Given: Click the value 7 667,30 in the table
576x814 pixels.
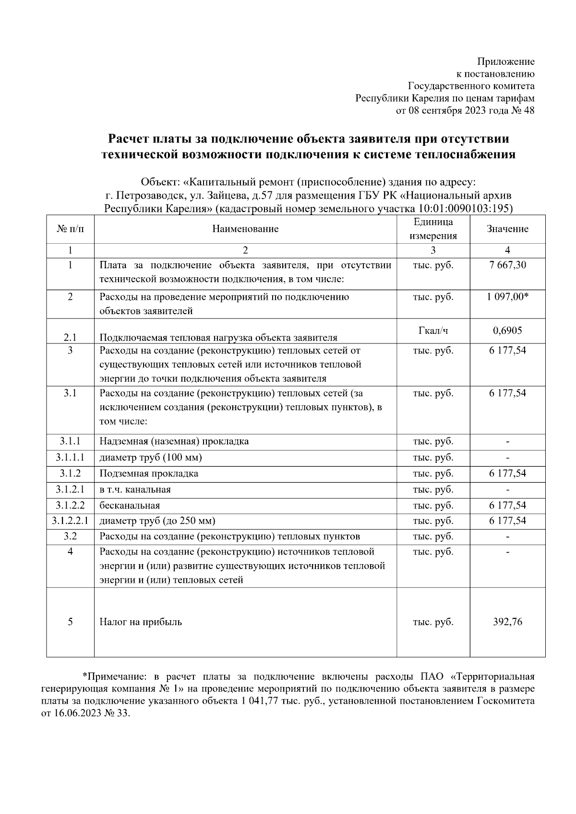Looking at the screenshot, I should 507,265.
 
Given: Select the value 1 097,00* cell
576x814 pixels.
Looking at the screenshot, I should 507,297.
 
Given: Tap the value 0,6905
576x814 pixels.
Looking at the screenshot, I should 507,330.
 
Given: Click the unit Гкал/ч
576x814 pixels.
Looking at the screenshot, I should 433,330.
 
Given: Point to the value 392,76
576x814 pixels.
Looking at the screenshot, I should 507,622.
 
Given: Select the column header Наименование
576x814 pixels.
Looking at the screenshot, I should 245,229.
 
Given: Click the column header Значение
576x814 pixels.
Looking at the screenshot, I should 507,229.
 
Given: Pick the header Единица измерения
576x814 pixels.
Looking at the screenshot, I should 433,229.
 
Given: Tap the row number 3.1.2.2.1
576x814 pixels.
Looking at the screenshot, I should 70,521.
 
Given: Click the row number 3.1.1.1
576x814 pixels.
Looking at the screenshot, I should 70,457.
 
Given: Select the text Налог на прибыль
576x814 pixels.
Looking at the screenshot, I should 141,622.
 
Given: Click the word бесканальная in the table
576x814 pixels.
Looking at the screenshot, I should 130,506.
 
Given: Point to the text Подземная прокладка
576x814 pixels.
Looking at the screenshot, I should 149,473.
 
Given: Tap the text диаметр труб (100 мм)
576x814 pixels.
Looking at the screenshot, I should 151,457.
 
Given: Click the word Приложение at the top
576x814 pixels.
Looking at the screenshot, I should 505,61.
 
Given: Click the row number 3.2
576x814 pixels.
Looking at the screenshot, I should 70,536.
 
